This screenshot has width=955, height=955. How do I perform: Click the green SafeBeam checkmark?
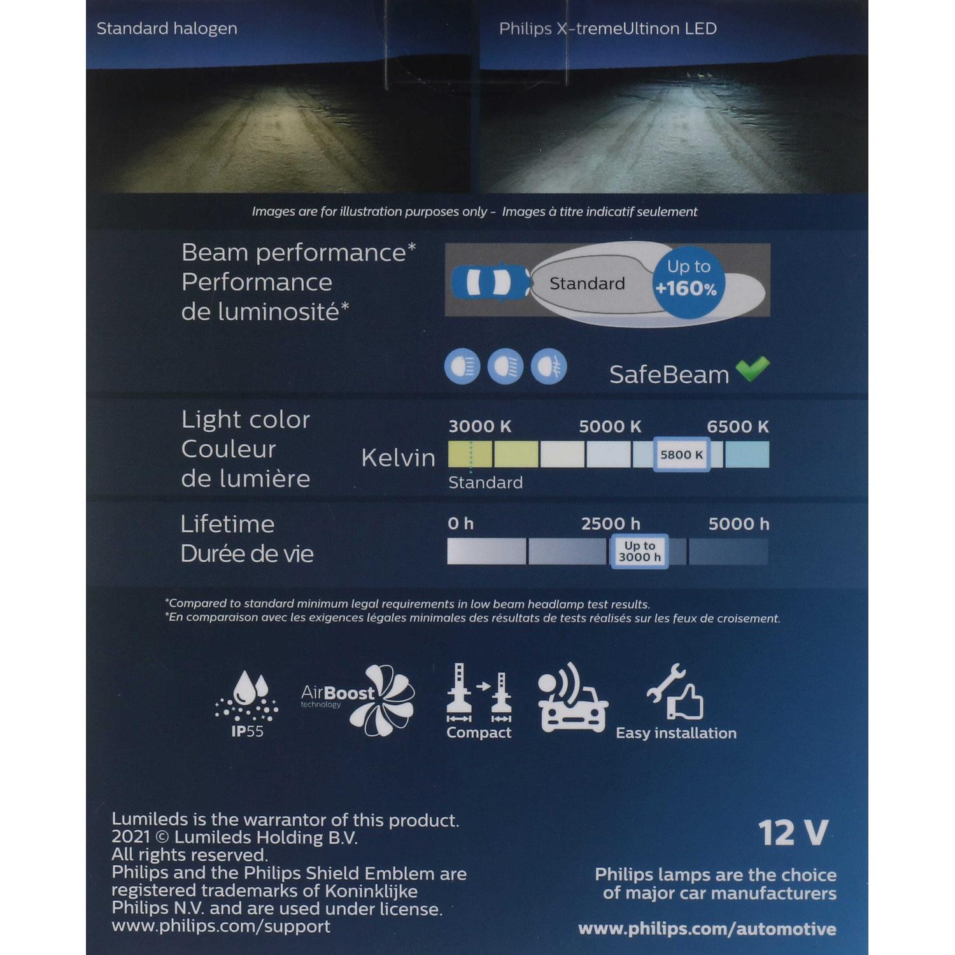753,369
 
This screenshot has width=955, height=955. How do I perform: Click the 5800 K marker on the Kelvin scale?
681,455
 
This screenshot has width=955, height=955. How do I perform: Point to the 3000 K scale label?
479,427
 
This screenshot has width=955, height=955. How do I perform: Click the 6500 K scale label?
738,427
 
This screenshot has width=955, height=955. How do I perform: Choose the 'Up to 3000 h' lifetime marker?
639,551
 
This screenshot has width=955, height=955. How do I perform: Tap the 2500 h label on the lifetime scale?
610,524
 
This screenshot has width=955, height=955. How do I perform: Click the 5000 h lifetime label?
739,524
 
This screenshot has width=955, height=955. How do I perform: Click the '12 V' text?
793,833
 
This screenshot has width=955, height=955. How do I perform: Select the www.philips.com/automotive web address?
707,929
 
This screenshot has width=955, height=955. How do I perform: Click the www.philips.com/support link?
221,926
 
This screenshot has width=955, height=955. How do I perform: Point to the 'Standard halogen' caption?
167,29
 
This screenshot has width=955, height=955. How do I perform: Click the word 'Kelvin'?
398,458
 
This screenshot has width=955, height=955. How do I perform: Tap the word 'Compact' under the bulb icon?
479,733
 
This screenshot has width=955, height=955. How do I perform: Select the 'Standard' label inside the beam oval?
587,283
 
